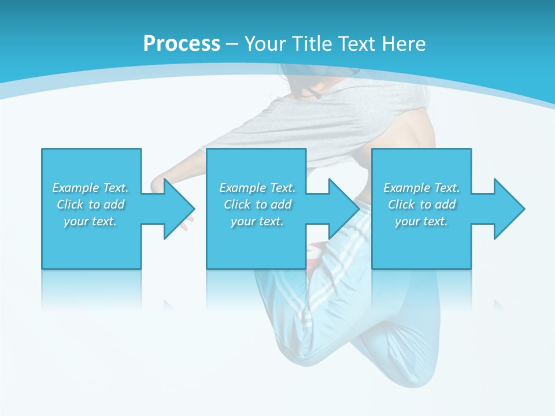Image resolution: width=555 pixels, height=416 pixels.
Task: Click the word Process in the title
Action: pos(182,43)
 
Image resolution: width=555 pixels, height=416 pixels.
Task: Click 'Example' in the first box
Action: pos(75,188)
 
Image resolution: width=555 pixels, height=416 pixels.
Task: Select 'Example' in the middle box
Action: pos(242,188)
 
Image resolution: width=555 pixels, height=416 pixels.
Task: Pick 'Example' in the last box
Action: pos(406,188)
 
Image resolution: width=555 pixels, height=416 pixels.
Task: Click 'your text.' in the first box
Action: pos(90,221)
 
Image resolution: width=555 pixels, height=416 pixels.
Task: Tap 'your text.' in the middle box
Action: pos(257,221)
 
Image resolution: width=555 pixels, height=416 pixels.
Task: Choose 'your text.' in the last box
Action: pos(421,221)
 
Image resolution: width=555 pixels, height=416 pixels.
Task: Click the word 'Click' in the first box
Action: pos(70,205)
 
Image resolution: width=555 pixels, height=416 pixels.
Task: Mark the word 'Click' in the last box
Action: pos(401,205)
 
